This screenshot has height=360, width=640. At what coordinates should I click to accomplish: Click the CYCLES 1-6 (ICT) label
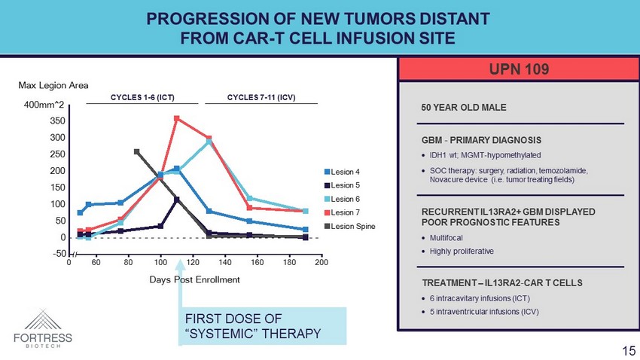click(x=142, y=98)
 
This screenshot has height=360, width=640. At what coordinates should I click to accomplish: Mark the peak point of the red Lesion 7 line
click(x=176, y=118)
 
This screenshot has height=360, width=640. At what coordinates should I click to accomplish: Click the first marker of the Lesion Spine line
click(x=136, y=151)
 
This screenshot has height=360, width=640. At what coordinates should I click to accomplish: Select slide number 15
click(x=629, y=350)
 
